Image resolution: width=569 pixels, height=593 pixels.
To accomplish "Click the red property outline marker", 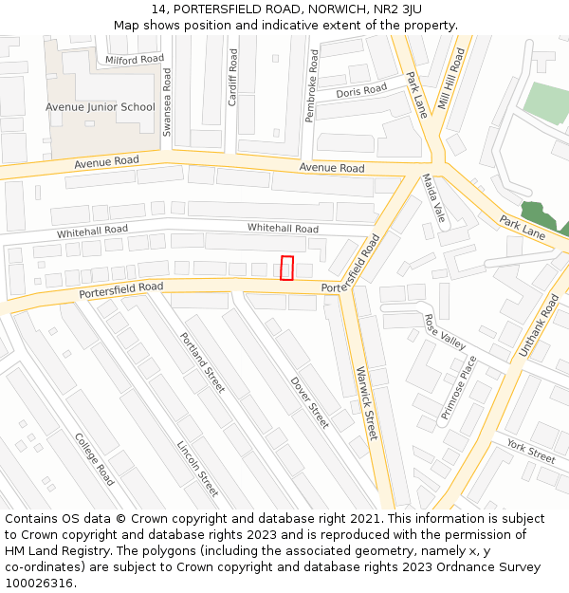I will pos(287,268).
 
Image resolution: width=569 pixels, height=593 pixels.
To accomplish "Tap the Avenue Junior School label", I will pos(100,107).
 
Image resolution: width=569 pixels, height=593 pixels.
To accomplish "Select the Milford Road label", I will pos(135,60).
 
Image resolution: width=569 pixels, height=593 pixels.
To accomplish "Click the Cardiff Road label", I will pos(232,77).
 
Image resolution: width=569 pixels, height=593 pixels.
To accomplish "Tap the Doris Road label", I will pos(361,91).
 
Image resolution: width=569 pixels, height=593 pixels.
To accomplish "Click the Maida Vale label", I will pos(433,196).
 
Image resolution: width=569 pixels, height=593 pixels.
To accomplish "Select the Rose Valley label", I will pos(445,332).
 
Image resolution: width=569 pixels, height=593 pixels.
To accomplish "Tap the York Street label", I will pos(530,451).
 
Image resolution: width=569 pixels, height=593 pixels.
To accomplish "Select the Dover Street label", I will pos(309,402).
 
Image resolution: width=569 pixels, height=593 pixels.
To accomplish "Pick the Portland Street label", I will pos(202,362).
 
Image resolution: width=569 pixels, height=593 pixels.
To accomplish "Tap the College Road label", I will pos(94,459).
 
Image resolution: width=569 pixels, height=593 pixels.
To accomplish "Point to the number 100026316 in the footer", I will pos(39,584).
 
